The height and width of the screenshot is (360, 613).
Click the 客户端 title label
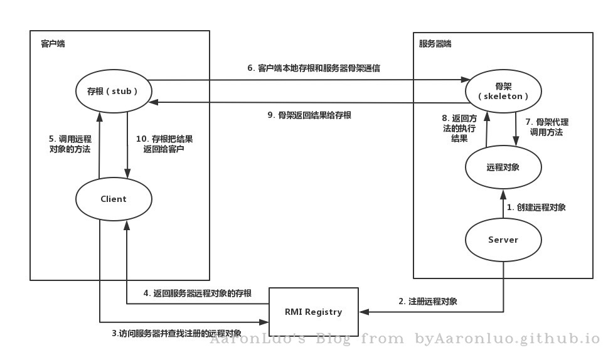pos(53,44)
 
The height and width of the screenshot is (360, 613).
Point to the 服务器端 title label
pos(435,44)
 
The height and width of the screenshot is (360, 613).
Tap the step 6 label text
pos(314,68)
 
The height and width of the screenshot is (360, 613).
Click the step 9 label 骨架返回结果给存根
pos(309,115)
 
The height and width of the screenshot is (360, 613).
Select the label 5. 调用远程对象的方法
pos(70,144)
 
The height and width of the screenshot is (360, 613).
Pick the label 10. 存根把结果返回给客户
pos(164,144)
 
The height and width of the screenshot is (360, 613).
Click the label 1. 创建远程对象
pos(536,207)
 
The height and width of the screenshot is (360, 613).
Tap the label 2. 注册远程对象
pos(428,302)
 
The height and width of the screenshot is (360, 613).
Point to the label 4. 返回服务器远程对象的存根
pos(198,293)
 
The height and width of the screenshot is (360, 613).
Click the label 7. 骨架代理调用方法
pos(546,127)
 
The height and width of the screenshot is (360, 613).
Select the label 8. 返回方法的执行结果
pos(459,128)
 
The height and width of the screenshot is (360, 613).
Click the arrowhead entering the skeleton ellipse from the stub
pos(466,80)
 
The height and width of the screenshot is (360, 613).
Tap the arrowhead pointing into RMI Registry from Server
pos(364,312)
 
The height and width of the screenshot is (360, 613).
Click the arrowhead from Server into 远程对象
pos(503,194)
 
